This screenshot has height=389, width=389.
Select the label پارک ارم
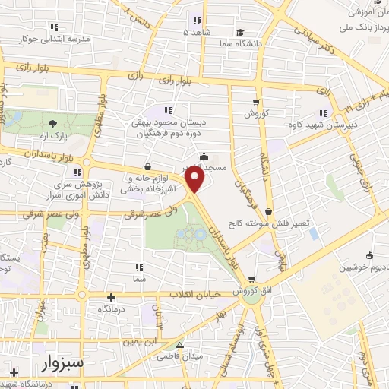point(52,136)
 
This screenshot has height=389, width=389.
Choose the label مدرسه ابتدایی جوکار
point(58,37)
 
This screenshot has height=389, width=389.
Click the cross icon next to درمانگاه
point(111,297)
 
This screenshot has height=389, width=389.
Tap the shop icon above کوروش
point(258,102)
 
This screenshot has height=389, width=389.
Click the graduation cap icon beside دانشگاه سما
point(240,33)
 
